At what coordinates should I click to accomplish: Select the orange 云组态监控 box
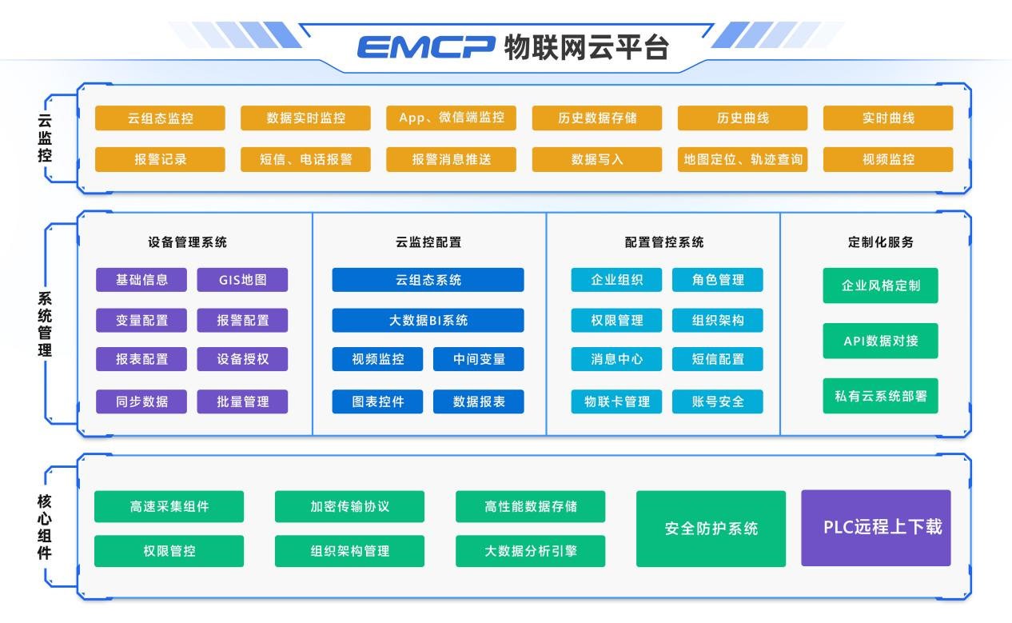[160, 118]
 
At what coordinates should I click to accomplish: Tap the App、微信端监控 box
[452, 118]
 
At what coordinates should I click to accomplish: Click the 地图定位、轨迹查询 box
[743, 159]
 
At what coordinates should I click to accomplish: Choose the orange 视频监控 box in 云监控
[888, 159]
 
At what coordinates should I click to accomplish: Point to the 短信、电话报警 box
[305, 159]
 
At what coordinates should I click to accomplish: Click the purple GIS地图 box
[242, 280]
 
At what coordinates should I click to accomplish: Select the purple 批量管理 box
[242, 401]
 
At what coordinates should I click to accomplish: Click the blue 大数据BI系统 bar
[428, 321]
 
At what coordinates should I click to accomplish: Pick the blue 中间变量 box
[479, 359]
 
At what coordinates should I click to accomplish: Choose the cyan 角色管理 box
[718, 280]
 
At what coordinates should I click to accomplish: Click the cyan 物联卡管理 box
[616, 401]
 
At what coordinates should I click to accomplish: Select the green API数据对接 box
[880, 341]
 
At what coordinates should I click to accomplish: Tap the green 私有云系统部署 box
[880, 396]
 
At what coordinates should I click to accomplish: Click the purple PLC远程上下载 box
[876, 528]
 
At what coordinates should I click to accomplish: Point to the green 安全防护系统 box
[711, 529]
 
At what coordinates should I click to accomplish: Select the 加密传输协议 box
[349, 506]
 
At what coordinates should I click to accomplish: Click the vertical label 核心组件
[46, 527]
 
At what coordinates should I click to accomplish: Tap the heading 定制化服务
[880, 242]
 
